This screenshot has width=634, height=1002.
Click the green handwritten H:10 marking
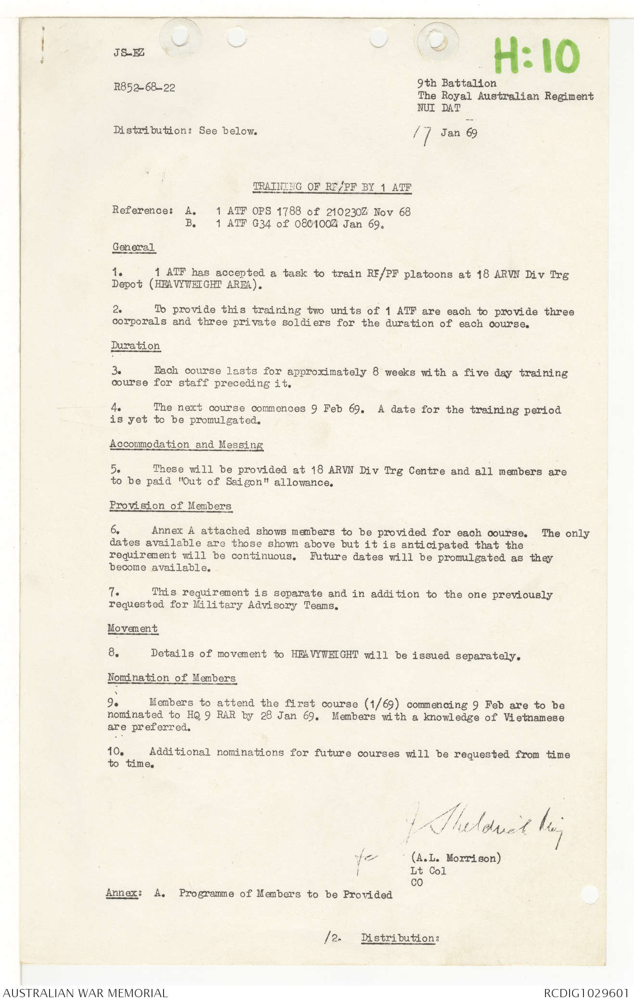point(536,56)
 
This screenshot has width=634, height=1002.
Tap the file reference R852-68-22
point(144,87)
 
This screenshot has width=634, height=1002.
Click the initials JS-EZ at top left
point(129,52)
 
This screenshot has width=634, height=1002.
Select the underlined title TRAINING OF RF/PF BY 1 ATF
point(332,187)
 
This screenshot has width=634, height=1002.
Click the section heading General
point(133,247)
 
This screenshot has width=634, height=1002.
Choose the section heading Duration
point(135,346)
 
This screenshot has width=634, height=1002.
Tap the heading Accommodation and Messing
point(186,444)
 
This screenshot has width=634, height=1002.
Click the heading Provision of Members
point(170,505)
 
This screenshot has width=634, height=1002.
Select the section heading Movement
point(132,628)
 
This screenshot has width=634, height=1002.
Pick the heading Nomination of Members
point(171,678)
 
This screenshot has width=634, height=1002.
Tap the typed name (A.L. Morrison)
point(455,858)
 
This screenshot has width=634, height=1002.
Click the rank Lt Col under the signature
point(428,871)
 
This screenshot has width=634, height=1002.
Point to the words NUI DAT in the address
point(438,108)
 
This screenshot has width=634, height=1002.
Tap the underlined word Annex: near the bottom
point(123,893)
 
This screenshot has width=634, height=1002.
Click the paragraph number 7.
point(114,592)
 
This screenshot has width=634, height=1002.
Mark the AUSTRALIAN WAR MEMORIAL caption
point(85,993)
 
